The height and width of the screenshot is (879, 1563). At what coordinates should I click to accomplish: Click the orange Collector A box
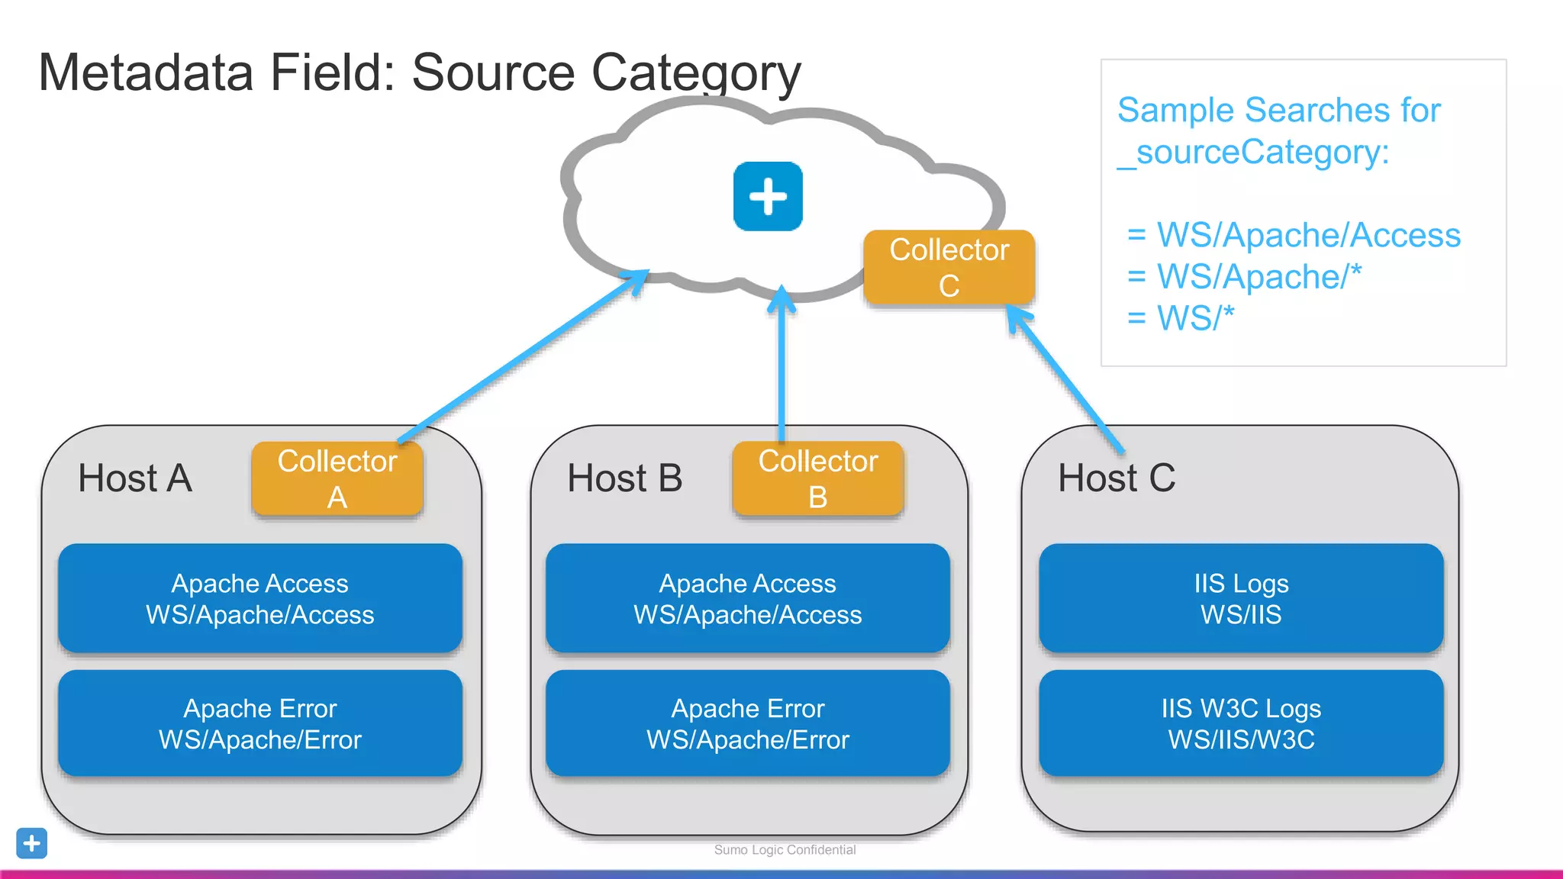(337, 478)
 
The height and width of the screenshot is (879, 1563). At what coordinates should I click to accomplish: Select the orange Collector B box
(817, 478)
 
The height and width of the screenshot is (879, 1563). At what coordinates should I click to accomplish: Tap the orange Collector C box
(949, 267)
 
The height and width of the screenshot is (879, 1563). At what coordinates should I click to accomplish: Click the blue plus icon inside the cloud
(768, 196)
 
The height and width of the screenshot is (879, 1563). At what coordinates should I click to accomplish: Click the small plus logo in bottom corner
(31, 843)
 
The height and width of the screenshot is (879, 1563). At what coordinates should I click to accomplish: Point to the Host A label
(135, 478)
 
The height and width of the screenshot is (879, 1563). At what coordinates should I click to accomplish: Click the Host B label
(624, 478)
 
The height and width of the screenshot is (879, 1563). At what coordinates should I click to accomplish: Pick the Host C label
(1116, 478)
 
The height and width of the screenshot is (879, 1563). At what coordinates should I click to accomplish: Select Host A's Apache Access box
(260, 598)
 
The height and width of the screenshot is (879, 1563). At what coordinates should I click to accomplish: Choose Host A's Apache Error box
(260, 723)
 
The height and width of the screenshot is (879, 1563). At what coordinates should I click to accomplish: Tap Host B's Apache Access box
(747, 598)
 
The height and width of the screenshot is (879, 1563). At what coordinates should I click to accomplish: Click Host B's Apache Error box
(747, 723)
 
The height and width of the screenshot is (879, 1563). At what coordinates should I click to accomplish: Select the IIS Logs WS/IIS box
(1241, 598)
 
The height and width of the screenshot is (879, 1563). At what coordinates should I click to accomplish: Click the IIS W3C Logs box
(1241, 723)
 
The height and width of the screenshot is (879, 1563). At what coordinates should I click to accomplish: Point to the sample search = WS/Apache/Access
(1294, 235)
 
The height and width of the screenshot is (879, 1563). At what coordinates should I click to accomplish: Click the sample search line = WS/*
(1181, 318)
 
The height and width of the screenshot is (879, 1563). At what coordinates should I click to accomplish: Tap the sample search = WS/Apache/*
(1244, 276)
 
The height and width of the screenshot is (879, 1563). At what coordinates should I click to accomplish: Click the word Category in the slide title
(696, 73)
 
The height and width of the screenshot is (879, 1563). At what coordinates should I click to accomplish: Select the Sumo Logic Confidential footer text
(785, 849)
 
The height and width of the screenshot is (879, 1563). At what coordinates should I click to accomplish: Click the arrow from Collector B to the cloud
(781, 366)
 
